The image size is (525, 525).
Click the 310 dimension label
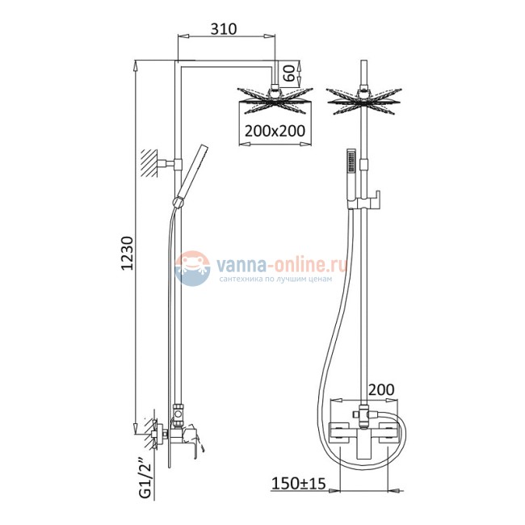[223, 29]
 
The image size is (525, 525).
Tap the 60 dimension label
[289, 73]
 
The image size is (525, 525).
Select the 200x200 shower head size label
[275, 131]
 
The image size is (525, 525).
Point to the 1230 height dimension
[128, 253]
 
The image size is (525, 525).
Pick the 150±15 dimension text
[298, 484]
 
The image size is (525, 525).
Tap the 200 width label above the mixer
[381, 390]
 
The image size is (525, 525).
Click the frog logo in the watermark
[192, 268]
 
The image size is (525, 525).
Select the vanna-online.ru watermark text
[281, 264]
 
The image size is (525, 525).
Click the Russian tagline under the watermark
[275, 279]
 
